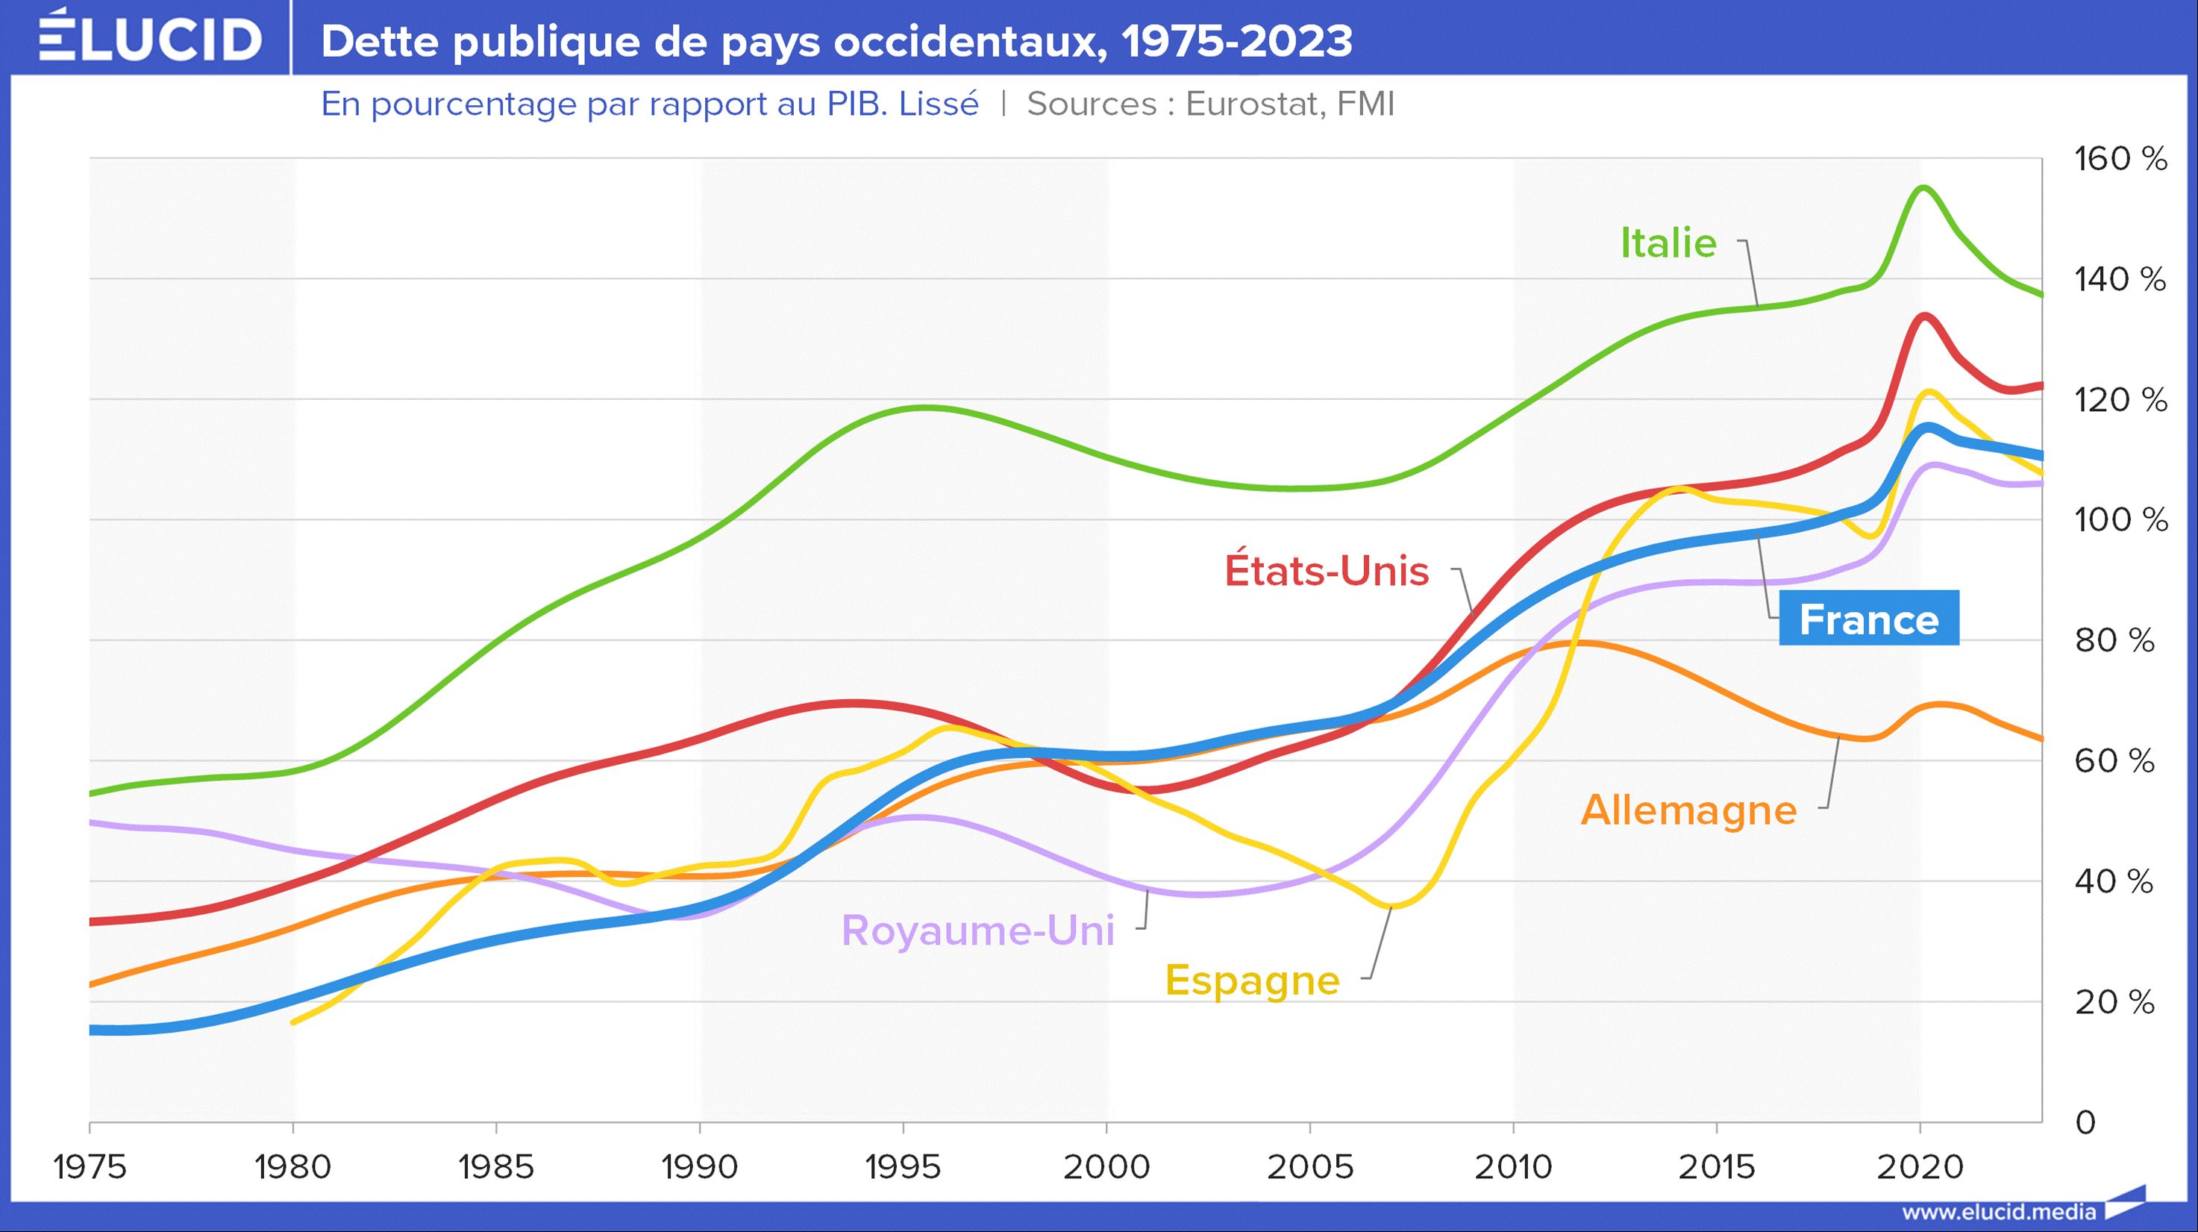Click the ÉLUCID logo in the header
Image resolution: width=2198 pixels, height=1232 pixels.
pyautogui.click(x=150, y=37)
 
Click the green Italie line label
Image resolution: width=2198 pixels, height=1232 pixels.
pyautogui.click(x=1668, y=243)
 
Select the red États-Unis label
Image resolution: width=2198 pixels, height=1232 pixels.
pyautogui.click(x=1327, y=571)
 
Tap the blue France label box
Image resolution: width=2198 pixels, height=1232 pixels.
pyautogui.click(x=1869, y=619)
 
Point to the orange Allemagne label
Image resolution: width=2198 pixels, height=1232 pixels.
pyautogui.click(x=1688, y=810)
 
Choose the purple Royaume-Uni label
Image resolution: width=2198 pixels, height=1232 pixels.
pyautogui.click(x=978, y=930)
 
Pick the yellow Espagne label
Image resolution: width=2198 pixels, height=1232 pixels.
pyautogui.click(x=1253, y=980)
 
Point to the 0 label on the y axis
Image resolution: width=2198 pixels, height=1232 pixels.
pyautogui.click(x=2085, y=1123)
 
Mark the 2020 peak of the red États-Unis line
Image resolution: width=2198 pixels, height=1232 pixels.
pyautogui.click(x=1925, y=316)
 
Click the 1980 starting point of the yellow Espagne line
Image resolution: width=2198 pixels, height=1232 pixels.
pyautogui.click(x=292, y=1022)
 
